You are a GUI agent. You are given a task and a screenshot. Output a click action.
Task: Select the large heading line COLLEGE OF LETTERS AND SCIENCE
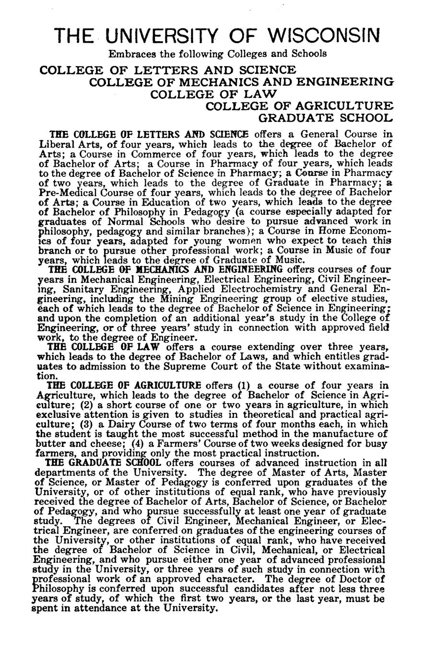167,70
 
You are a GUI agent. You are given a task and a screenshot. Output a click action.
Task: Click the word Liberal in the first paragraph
54,144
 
